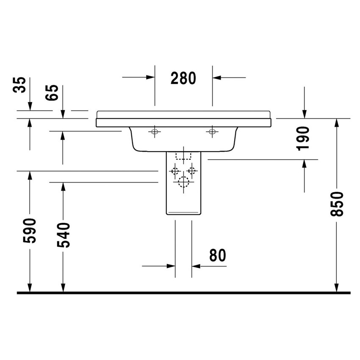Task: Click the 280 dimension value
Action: tap(183, 78)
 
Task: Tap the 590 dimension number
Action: tap(30, 231)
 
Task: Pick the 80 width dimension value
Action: tap(218, 255)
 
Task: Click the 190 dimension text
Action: tap(304, 138)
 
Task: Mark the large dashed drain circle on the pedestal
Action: tap(183, 182)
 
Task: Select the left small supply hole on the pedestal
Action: tap(174, 171)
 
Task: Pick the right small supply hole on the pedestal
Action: tap(193, 171)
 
